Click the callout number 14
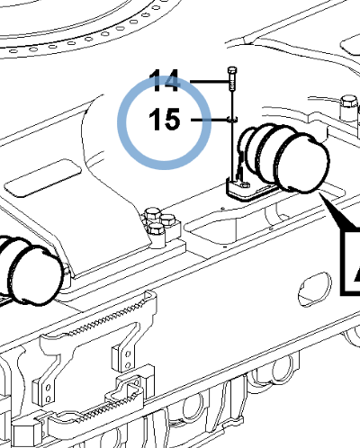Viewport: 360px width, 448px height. click(x=165, y=81)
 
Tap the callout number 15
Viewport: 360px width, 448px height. click(x=165, y=120)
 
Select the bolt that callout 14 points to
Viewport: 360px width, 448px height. click(x=232, y=79)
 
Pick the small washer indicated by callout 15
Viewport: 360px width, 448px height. click(x=232, y=120)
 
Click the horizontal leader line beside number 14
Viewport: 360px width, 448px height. click(x=210, y=82)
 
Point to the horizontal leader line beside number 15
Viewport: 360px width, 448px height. click(x=209, y=120)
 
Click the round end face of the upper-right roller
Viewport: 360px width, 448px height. click(x=301, y=164)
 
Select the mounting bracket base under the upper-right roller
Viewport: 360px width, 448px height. click(x=249, y=190)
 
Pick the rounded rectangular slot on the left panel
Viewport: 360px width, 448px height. click(x=42, y=178)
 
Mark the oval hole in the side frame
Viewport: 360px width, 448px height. click(x=315, y=289)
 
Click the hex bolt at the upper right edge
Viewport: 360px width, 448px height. click(x=349, y=107)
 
